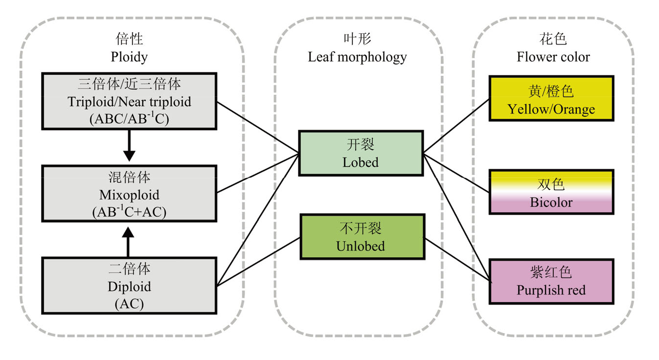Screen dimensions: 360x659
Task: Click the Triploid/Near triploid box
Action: click(x=129, y=101)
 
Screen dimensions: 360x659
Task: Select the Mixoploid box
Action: click(x=129, y=194)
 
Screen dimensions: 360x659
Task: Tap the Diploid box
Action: click(x=129, y=286)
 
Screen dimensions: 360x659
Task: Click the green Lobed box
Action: click(x=361, y=153)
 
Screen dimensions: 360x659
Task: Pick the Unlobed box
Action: click(x=362, y=237)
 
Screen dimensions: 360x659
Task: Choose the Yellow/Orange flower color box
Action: click(x=551, y=98)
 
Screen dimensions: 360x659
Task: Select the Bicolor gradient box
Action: click(x=551, y=192)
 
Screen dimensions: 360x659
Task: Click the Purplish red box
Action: click(x=551, y=282)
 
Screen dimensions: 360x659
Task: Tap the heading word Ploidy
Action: click(x=129, y=57)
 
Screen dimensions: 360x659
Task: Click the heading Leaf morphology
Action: click(x=357, y=57)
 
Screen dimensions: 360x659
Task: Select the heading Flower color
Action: click(x=553, y=57)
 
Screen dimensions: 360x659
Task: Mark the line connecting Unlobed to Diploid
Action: click(x=258, y=262)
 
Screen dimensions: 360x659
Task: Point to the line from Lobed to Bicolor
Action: click(x=456, y=172)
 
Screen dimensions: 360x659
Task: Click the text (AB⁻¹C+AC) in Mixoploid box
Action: click(x=129, y=212)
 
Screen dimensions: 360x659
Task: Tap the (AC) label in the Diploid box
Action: click(x=129, y=304)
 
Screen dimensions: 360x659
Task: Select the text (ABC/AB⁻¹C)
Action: click(x=129, y=119)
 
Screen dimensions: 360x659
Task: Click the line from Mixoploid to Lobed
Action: click(x=258, y=172)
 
